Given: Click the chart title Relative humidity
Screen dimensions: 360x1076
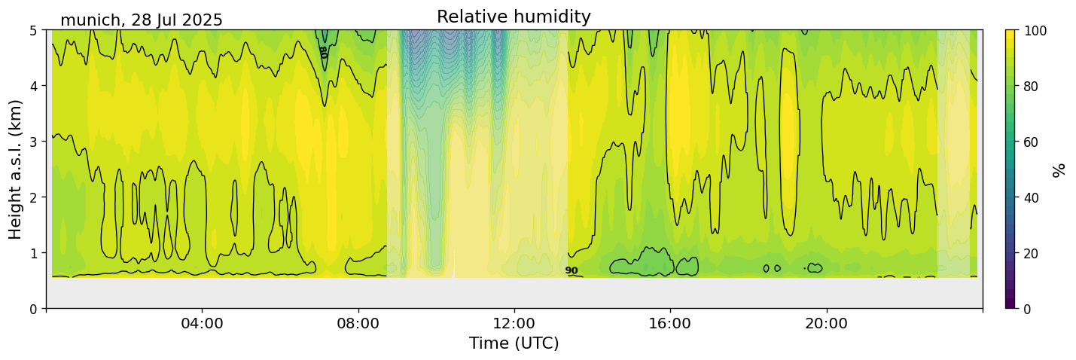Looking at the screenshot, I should click(x=514, y=17).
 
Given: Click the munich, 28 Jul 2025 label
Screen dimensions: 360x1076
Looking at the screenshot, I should click(x=142, y=20).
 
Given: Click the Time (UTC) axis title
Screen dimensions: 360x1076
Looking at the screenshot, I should click(x=514, y=343).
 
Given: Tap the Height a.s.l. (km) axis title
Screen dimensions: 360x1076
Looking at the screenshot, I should click(x=16, y=169).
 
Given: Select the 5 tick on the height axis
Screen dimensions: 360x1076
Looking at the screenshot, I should click(x=34, y=30).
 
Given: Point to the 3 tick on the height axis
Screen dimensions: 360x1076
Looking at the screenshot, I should click(x=34, y=142).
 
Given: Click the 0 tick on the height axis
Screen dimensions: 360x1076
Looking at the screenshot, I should click(x=34, y=309).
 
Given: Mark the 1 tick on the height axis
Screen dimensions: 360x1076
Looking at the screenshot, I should click(x=34, y=253).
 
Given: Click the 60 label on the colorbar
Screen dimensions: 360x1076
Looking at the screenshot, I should click(x=1033, y=142).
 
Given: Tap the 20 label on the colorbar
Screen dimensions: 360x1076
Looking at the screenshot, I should click(x=1033, y=253).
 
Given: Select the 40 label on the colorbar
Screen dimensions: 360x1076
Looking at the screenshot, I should click(x=1033, y=197).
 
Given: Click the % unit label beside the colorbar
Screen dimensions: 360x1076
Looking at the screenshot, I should click(x=1059, y=169).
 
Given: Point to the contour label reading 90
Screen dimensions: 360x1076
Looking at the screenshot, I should click(x=572, y=271).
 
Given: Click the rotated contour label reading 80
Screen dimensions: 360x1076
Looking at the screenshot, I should click(x=323, y=52).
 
